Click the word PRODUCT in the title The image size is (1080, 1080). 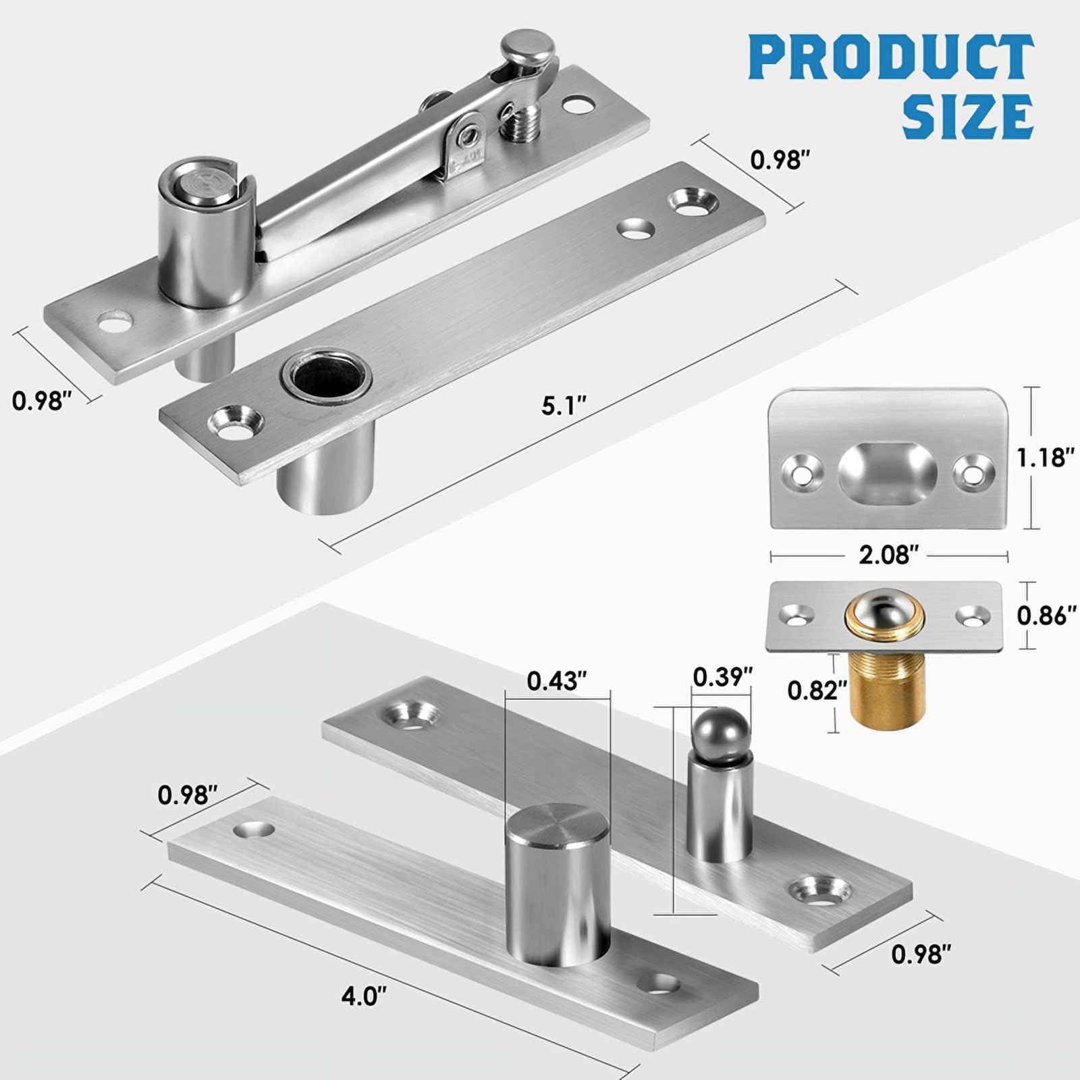891,59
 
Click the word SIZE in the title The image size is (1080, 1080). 967,117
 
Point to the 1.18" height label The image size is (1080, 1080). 1046,458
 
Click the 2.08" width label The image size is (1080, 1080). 888,555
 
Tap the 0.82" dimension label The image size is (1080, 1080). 817,690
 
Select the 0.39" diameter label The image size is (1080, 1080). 722,676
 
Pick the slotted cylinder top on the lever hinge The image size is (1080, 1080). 206,180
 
